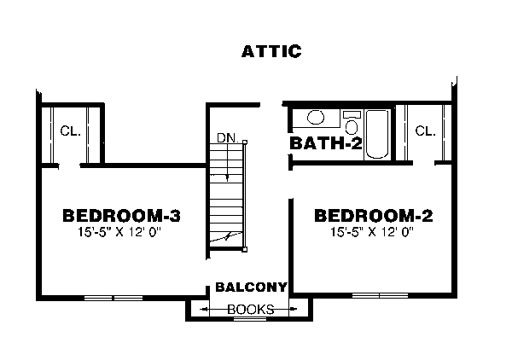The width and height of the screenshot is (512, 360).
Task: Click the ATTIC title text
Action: coord(271,52)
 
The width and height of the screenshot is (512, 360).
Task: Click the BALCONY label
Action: coord(250,287)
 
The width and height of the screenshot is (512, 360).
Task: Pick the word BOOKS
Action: coord(250,309)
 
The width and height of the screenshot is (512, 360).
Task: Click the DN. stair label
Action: coord(227,136)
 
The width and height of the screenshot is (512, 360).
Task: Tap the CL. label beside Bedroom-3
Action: coord(70,131)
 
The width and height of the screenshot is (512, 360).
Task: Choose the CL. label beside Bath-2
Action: coord(425,131)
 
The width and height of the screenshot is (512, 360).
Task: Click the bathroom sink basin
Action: coord(314,118)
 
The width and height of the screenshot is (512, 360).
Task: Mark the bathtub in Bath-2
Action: coord(377,131)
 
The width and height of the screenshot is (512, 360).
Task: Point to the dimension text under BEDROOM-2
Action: coord(373,230)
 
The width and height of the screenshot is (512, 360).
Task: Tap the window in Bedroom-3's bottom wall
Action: coord(113,297)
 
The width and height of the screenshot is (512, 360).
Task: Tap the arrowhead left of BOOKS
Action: coord(205,309)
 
